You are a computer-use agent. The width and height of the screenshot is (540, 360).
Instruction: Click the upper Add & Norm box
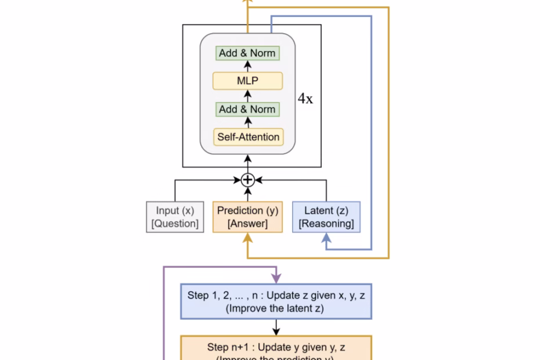tap(248, 53)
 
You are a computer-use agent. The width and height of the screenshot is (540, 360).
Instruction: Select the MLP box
tap(248, 81)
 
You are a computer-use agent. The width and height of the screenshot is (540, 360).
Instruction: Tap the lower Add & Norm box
tap(248, 109)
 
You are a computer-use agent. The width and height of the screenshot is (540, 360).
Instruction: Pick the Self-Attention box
tap(248, 137)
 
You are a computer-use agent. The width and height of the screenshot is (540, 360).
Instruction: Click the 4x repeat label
tap(305, 99)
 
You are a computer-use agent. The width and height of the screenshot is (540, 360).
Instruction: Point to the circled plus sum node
tap(248, 180)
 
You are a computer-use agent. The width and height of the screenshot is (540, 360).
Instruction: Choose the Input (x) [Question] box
tap(175, 217)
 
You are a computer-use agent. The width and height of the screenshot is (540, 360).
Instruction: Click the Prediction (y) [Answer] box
tap(248, 217)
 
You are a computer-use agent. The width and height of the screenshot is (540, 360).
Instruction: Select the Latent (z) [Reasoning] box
tap(326, 217)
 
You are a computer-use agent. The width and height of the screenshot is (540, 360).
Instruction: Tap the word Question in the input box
tap(175, 224)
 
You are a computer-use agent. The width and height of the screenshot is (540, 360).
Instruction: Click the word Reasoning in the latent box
tap(326, 224)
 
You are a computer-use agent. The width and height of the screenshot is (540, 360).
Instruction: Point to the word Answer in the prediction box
tap(248, 224)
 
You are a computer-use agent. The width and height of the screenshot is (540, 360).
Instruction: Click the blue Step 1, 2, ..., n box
tap(276, 301)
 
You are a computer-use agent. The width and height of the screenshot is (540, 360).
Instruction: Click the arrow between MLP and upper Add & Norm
tap(248, 66)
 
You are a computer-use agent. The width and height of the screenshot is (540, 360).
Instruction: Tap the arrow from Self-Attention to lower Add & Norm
tap(248, 123)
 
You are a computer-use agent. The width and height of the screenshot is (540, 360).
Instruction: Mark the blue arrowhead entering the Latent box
tap(326, 237)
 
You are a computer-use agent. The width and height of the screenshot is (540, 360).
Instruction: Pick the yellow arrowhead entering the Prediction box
tap(248, 237)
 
